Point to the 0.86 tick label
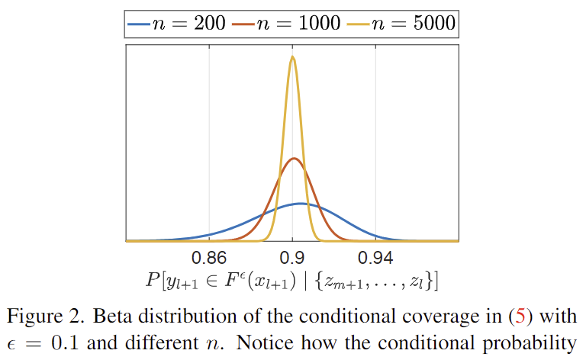click(x=209, y=255)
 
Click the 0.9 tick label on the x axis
click(x=292, y=255)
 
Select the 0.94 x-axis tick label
click(x=375, y=255)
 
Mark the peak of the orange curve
click(x=294, y=159)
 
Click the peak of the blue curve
click(x=301, y=204)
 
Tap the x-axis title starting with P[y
click(x=291, y=281)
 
